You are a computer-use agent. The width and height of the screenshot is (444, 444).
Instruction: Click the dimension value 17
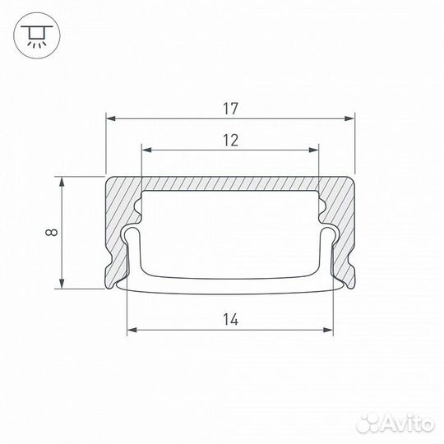coord(230,109)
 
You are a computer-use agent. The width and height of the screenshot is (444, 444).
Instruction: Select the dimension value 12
coord(231,140)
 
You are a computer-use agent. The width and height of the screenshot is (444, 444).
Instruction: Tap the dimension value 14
coord(230,320)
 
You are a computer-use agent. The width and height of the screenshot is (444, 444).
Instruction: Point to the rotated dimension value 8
coord(52,232)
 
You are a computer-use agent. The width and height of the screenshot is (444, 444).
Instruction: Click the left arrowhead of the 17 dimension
coord(111,118)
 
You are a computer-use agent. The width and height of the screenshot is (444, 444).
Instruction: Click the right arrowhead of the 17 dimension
coord(349,118)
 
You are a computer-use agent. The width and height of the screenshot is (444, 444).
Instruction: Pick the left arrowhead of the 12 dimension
coord(146,150)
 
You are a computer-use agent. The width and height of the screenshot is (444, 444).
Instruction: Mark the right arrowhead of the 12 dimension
coord(314,150)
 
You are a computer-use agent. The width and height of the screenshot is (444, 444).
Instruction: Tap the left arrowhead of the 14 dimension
coord(132,330)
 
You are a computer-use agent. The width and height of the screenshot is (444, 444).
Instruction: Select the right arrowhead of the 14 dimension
coord(328,330)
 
